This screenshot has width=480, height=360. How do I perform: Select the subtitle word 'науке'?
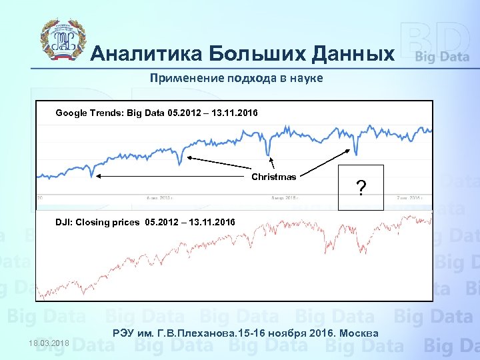pyautogui.click(x=305, y=79)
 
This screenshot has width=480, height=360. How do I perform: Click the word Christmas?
pyautogui.click(x=273, y=177)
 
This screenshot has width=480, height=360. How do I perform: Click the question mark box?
pyautogui.click(x=361, y=189)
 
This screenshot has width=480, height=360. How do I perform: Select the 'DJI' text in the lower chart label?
pyautogui.click(x=64, y=222)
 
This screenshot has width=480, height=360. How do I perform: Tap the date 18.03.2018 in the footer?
pyautogui.click(x=49, y=342)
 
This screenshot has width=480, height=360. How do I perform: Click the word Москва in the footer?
pyautogui.click(x=361, y=333)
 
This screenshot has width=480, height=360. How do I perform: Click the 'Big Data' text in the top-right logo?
pyautogui.click(x=442, y=57)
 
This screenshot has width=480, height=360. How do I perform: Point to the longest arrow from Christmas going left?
pyautogui.click(x=173, y=177)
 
